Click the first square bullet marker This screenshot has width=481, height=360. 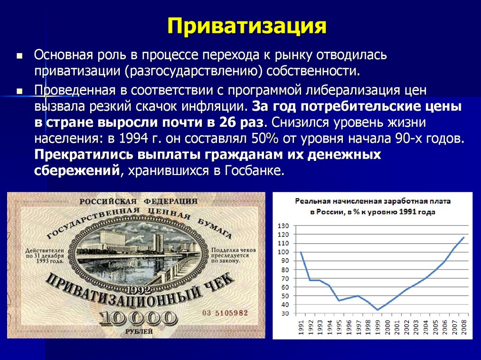19,55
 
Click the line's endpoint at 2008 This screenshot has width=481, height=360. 464,237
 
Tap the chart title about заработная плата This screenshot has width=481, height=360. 372,206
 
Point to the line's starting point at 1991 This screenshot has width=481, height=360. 300,252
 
